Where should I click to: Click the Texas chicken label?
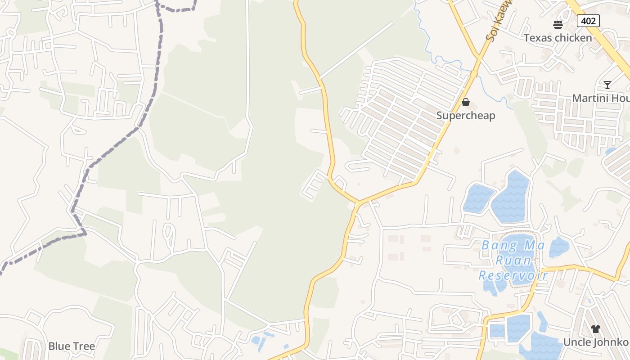tap(558, 38)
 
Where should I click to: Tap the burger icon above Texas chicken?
tap(558, 24)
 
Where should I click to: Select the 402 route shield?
tap(588, 21)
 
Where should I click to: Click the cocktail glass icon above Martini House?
tap(607, 85)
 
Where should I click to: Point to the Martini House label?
tap(601, 98)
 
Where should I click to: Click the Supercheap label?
tap(466, 116)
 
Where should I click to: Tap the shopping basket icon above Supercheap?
tap(466, 103)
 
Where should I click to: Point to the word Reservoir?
tap(513, 275)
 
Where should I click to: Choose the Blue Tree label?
tap(72, 346)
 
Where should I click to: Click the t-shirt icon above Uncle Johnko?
tap(596, 329)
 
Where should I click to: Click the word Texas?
tap(537, 38)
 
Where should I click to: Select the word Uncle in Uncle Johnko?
tap(577, 342)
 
